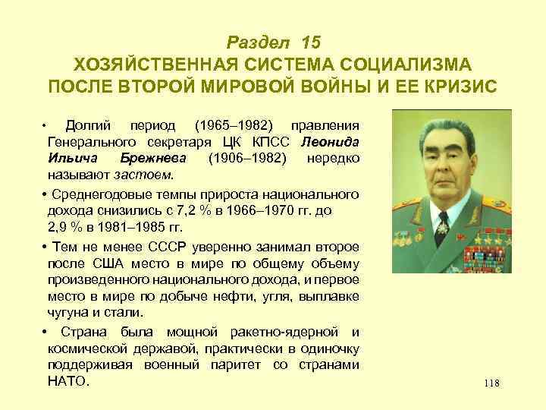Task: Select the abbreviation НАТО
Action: point(67,381)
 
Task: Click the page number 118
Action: point(491,383)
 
